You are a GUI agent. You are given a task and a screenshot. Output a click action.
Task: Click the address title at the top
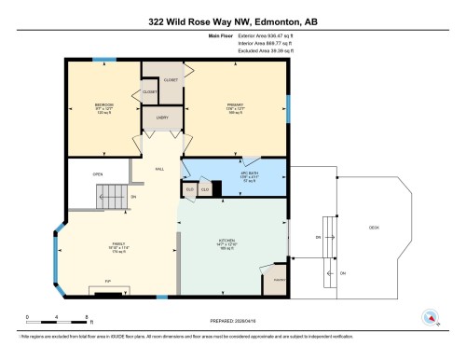[232, 21]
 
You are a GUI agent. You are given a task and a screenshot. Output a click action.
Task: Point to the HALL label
[159, 169]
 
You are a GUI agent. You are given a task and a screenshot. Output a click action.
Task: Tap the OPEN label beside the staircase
[96, 173]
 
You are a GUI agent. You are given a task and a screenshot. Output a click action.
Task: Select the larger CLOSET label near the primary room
[171, 80]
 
